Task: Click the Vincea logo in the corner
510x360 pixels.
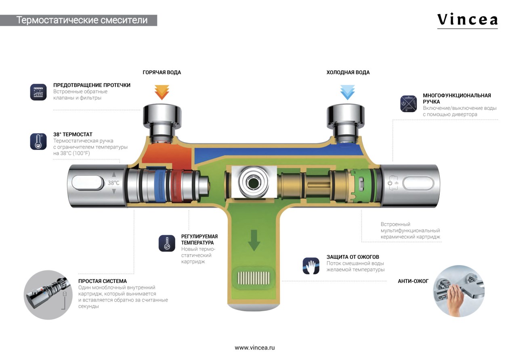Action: coord(467,20)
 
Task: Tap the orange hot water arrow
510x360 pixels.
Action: coord(162,92)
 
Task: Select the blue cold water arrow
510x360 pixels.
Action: coord(347,92)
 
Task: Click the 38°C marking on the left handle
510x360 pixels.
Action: coord(113,183)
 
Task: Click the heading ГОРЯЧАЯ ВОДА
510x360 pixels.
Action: coord(162,73)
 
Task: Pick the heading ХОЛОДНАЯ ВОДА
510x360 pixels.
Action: coord(348,73)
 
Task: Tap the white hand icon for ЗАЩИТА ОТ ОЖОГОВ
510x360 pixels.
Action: coord(311,266)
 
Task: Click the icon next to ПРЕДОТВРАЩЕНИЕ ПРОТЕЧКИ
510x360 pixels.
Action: coord(38,92)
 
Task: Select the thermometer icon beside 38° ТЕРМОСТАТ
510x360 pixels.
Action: coord(38,141)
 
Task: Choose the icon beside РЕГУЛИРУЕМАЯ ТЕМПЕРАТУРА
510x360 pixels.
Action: coord(167,243)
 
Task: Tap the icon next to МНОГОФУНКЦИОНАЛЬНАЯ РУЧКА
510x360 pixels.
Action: coord(408,104)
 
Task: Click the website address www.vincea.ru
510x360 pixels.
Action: coord(254,347)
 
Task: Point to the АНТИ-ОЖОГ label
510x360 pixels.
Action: coord(413,281)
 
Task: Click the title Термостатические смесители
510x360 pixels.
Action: coord(82,20)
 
